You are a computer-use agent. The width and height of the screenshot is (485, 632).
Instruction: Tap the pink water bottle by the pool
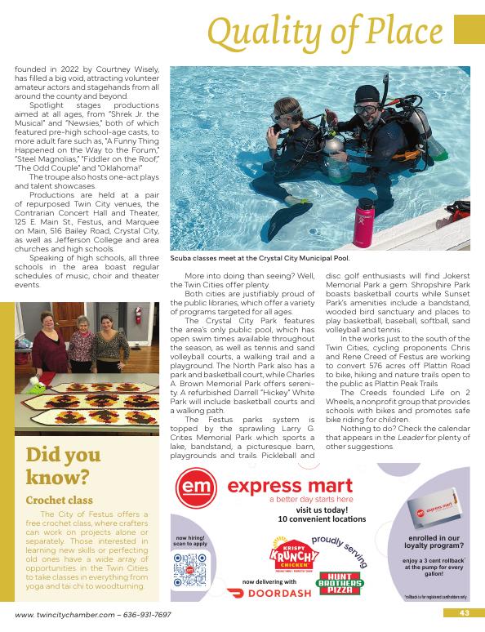click(x=362, y=220)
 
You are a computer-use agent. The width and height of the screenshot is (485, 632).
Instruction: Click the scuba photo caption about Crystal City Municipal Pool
click(x=260, y=257)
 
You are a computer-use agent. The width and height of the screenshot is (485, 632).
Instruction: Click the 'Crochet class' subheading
click(x=59, y=500)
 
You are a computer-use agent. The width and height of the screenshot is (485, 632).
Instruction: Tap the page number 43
click(x=462, y=613)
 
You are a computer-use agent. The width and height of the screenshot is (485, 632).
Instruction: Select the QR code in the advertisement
click(x=190, y=571)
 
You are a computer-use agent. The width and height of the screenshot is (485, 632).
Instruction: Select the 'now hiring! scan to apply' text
click(x=190, y=541)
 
